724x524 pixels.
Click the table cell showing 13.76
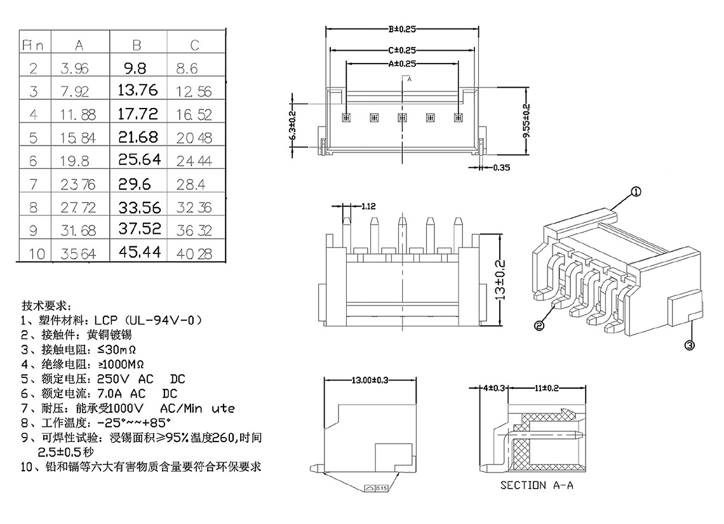[x=138, y=90]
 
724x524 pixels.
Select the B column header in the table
[x=137, y=45]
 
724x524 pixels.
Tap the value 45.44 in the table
[x=140, y=252]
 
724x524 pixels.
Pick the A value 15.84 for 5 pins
[x=78, y=138]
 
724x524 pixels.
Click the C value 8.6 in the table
[x=187, y=69]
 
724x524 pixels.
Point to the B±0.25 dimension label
[x=402, y=29]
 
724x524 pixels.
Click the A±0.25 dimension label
[x=402, y=64]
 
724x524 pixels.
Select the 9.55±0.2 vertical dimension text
[x=526, y=121]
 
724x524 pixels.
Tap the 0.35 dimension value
[x=502, y=168]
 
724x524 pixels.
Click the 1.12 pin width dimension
[x=368, y=206]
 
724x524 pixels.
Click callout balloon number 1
[x=636, y=192]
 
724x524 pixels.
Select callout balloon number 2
[x=539, y=326]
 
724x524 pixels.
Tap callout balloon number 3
[x=689, y=345]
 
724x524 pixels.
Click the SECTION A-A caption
[x=537, y=485]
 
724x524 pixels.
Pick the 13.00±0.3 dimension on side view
[x=370, y=380]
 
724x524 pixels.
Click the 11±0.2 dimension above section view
[x=547, y=388]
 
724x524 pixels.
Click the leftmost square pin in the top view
[x=346, y=118]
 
